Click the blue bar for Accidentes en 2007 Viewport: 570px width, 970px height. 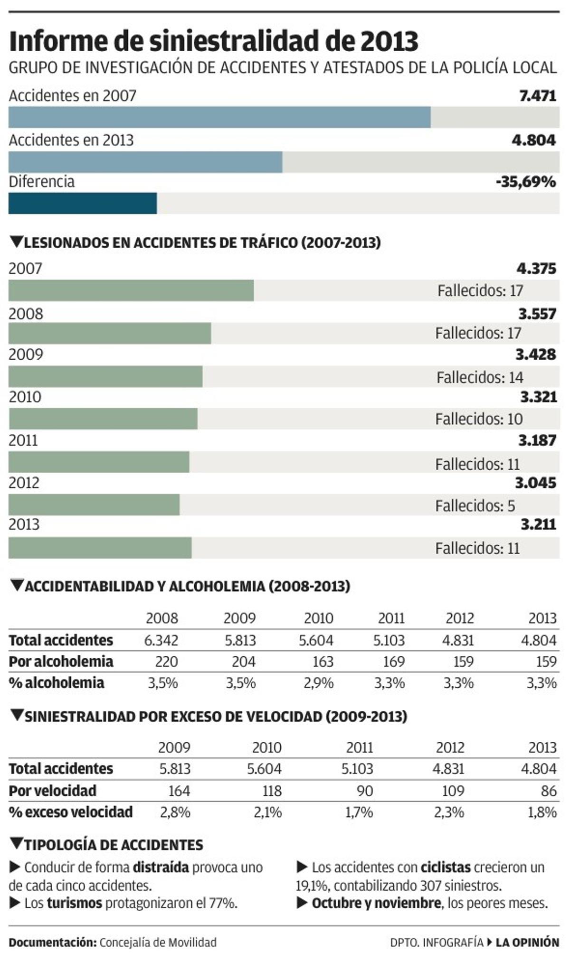click(219, 117)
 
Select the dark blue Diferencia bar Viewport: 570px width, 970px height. click(83, 203)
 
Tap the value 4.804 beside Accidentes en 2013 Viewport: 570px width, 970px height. click(533, 140)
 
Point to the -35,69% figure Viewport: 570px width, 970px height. click(525, 181)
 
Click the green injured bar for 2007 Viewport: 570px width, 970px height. click(131, 290)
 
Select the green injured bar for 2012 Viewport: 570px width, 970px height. click(94, 505)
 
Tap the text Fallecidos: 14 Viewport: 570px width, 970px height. click(480, 377)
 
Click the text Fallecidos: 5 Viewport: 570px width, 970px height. click(475, 506)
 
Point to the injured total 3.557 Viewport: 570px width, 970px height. click(537, 314)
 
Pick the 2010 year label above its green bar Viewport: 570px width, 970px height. click(25, 397)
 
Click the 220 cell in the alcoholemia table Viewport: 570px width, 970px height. click(166, 662)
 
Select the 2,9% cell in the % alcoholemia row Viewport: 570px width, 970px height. click(319, 683)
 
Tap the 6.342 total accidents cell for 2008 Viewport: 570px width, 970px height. click(161, 640)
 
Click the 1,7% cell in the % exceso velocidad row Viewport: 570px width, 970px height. click(359, 812)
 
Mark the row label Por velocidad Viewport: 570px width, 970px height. click(52, 791)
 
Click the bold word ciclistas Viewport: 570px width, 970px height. click(446, 867)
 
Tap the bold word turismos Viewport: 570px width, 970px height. click(75, 903)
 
